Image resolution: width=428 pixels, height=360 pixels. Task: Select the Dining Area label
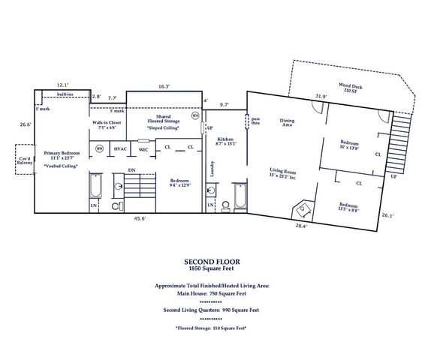coord(287,122)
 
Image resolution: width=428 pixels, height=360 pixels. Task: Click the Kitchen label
coord(226,142)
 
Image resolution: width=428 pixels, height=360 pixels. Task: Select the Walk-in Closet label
coord(107,124)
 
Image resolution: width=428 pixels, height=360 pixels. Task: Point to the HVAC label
coord(120,149)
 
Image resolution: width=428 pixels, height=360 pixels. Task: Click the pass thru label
coord(255,121)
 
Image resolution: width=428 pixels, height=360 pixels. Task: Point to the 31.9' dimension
coord(321,96)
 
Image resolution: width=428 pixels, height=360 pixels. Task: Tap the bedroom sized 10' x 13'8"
coord(350,145)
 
